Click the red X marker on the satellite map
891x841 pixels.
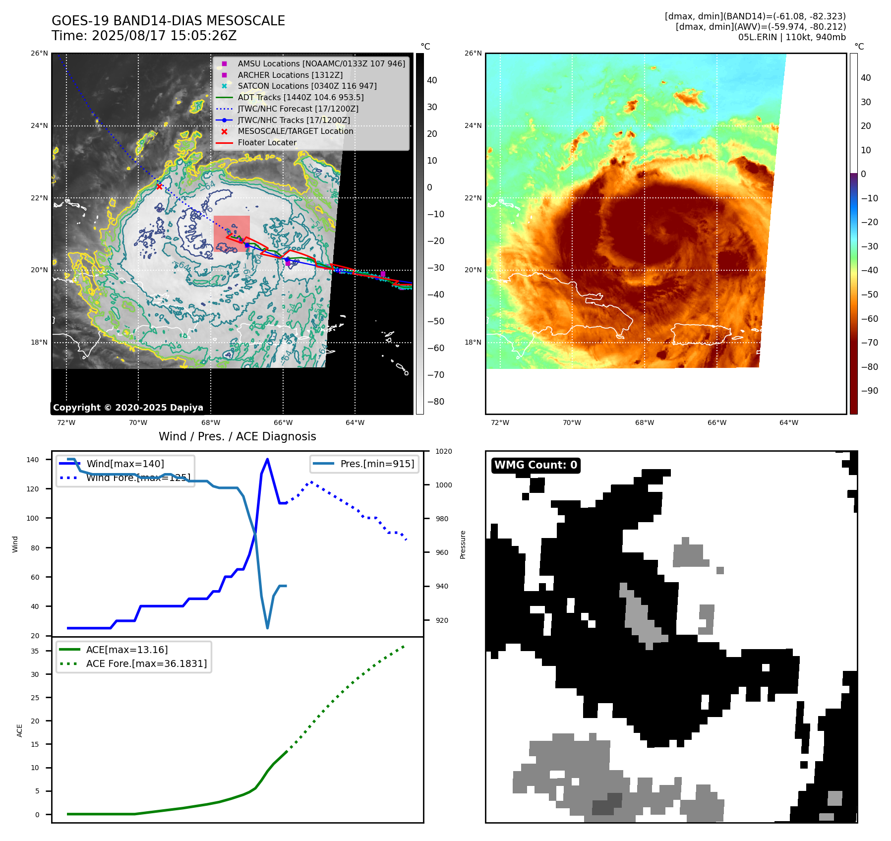click(159, 186)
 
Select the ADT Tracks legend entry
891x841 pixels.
click(300, 97)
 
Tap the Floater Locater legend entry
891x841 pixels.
click(267, 142)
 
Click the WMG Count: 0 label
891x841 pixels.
click(535, 465)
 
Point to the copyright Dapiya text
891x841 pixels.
click(128, 408)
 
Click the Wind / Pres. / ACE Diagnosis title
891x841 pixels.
click(237, 436)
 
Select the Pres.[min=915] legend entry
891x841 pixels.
click(377, 464)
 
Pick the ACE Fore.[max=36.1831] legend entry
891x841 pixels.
click(146, 663)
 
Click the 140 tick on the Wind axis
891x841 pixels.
click(33, 460)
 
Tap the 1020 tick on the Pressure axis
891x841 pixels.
click(444, 451)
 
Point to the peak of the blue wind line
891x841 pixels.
click(268, 459)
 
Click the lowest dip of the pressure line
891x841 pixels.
click(268, 628)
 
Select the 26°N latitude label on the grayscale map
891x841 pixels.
click(40, 53)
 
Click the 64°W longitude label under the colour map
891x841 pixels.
click(789, 422)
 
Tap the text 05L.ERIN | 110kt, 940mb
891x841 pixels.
click(792, 37)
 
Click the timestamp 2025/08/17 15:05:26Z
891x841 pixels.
click(164, 36)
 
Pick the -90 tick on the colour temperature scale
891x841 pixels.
click(869, 391)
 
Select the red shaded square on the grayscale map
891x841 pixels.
click(232, 234)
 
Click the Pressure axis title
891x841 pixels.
click(463, 544)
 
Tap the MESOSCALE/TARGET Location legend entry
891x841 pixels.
click(296, 131)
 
